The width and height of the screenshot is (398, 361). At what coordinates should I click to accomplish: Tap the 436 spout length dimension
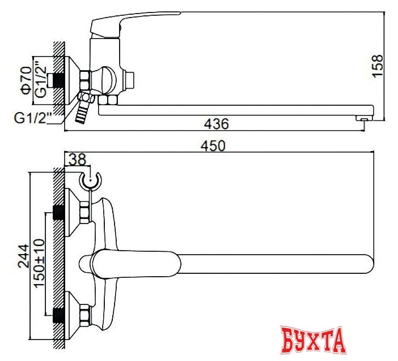(216, 123)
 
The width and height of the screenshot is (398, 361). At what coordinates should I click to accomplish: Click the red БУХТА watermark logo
(314, 340)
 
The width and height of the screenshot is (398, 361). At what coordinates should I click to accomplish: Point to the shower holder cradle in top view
(90, 180)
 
